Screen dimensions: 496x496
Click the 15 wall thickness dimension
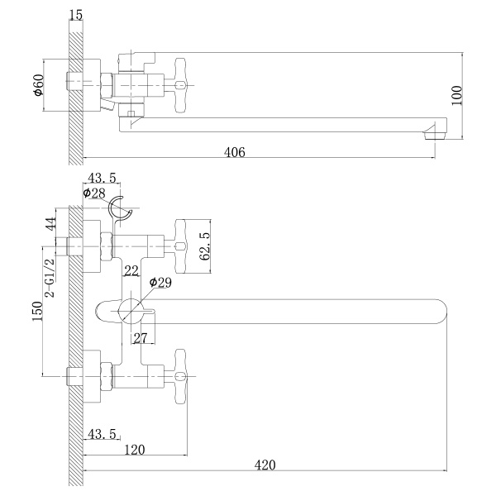[x=77, y=15]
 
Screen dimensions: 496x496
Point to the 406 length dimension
[x=236, y=152]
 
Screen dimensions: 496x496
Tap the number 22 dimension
[x=131, y=271]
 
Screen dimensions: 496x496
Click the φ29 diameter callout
[x=160, y=283]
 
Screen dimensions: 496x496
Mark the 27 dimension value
[x=140, y=338]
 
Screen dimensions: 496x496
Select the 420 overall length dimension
[x=265, y=465]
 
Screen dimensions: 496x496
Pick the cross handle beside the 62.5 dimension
[x=182, y=246]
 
